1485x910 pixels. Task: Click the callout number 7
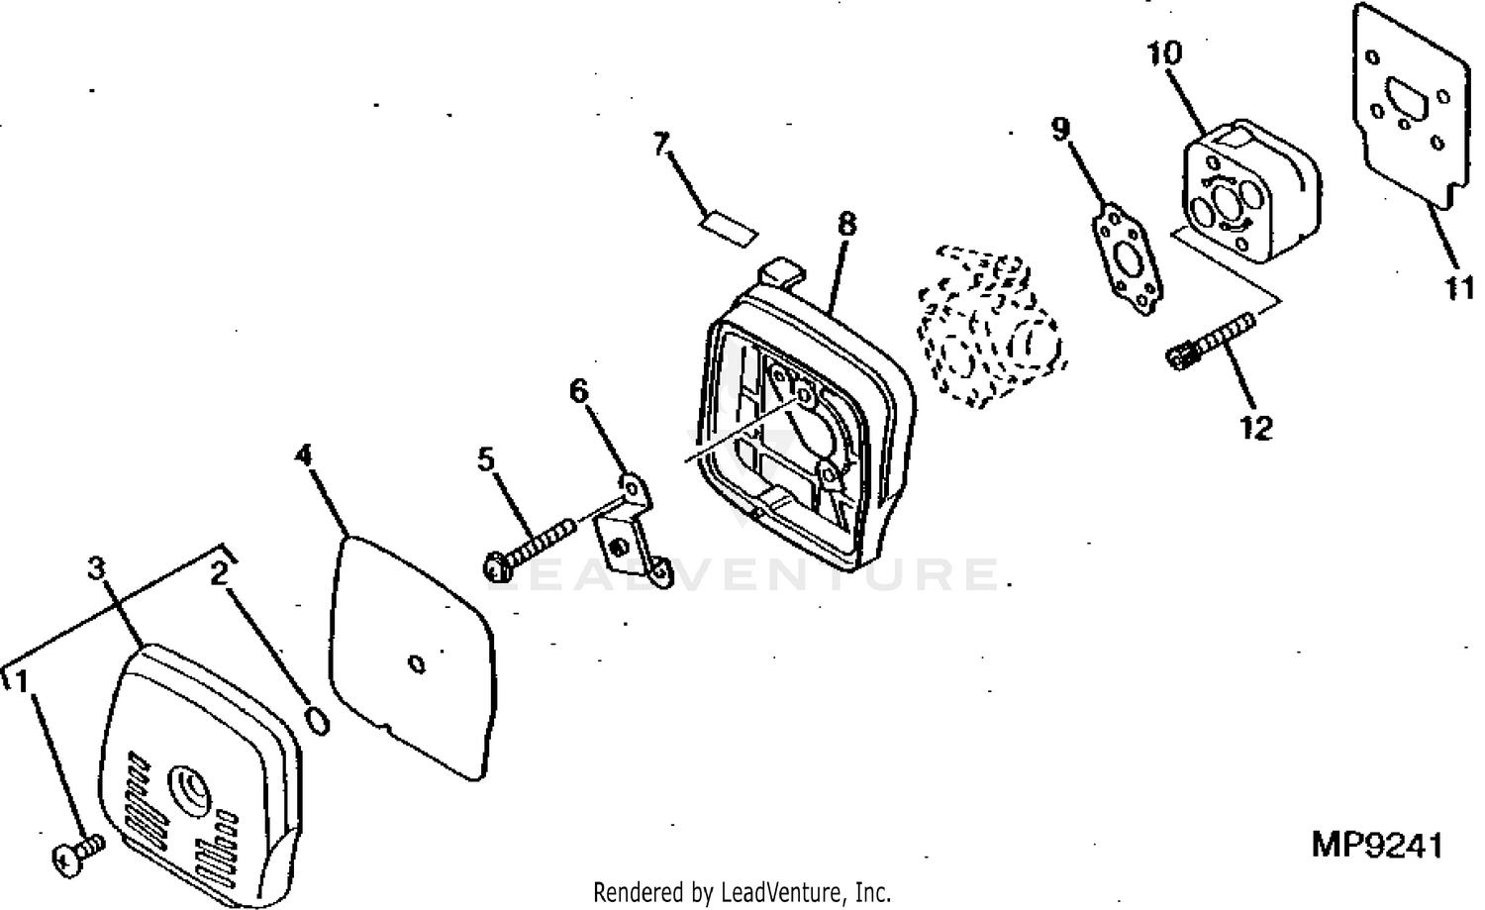tap(661, 144)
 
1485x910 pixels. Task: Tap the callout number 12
tap(1256, 428)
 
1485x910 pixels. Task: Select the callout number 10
tap(1165, 52)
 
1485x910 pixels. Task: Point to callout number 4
tap(303, 455)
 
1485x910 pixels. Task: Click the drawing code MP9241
tap(1377, 846)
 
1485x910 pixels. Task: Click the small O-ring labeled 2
tap(318, 720)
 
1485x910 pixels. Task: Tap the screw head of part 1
tap(66, 861)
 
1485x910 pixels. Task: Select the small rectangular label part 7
tap(729, 229)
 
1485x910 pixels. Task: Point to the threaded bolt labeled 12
tap(1211, 342)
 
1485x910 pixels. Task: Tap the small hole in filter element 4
tap(417, 663)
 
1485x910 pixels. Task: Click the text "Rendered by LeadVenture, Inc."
tap(742, 893)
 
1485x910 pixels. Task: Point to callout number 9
tap(1060, 130)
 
